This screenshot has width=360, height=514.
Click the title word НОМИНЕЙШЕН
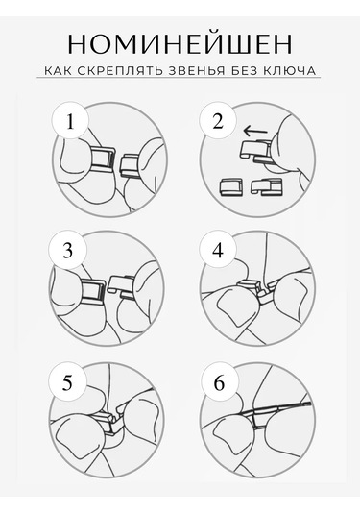pyautogui.click(x=180, y=44)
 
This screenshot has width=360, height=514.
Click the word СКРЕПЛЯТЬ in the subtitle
pyautogui.click(x=121, y=70)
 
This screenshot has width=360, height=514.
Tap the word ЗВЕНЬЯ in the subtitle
pyautogui.click(x=197, y=70)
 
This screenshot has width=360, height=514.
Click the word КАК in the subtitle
pyautogui.click(x=58, y=70)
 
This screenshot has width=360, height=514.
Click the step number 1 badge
pyautogui.click(x=70, y=122)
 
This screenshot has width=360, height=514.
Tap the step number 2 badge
pyautogui.click(x=218, y=121)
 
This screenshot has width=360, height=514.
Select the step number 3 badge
pyautogui.click(x=67, y=251)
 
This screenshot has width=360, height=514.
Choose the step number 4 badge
pyautogui.click(x=218, y=251)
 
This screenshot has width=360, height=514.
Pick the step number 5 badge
pyautogui.click(x=67, y=381)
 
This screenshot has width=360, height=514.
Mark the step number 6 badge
pyautogui.click(x=219, y=382)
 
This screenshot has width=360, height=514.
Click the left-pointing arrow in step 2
pyautogui.click(x=255, y=132)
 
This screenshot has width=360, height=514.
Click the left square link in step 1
pyautogui.click(x=103, y=159)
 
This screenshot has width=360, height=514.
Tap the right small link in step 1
pyautogui.click(x=130, y=166)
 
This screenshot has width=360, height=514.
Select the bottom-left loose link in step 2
pyautogui.click(x=230, y=186)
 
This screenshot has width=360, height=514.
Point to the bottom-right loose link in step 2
pyautogui.click(x=266, y=186)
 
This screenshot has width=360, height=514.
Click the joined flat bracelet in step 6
pyautogui.click(x=276, y=408)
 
